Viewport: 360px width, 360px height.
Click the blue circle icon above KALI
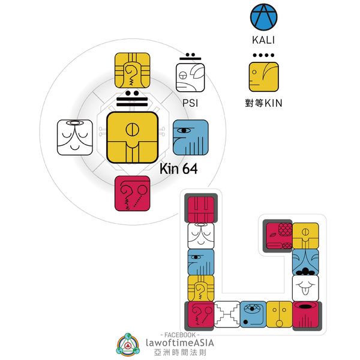[265, 19]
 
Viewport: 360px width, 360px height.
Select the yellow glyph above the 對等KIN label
[265, 77]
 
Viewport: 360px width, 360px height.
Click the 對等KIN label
[265, 103]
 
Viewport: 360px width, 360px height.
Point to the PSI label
[190, 103]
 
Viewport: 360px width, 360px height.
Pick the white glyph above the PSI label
[190, 77]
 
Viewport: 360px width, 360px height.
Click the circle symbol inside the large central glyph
[133, 129]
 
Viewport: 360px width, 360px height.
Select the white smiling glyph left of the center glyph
[74, 137]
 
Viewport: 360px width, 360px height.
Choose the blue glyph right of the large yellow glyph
[190, 137]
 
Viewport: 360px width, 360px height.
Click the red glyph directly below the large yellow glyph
[133, 193]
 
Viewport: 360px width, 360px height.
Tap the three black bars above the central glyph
[133, 103]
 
